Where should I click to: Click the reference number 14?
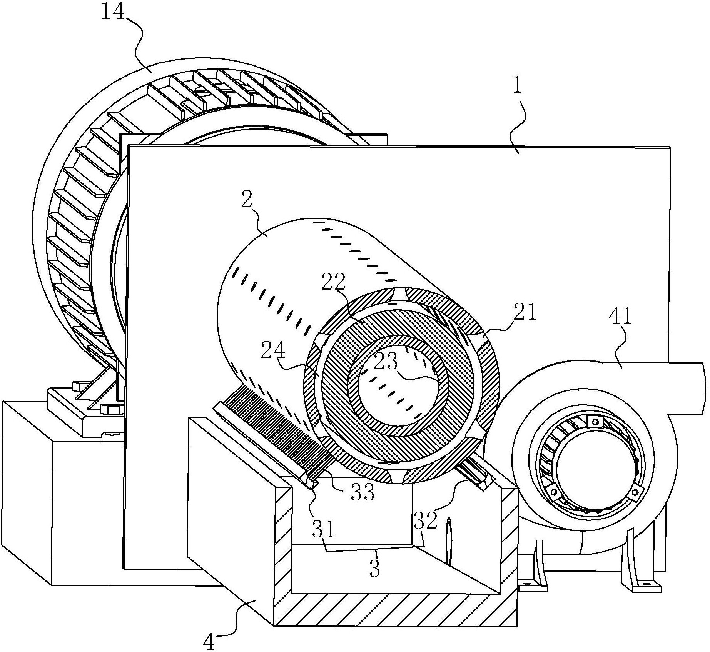coord(114,13)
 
